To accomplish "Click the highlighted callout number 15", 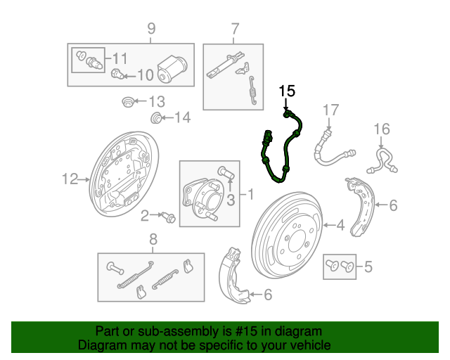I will [x=287, y=91].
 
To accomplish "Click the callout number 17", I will [x=330, y=110].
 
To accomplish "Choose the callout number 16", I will [x=381, y=129].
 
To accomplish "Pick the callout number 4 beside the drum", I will [x=340, y=226].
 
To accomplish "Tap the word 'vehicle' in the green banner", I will [x=304, y=345].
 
